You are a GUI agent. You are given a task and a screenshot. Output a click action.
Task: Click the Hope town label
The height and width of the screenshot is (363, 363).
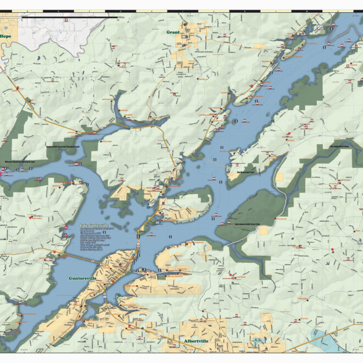pos(5,36)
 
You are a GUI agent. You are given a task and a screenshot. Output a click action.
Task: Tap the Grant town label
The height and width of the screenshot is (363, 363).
pos(173,32)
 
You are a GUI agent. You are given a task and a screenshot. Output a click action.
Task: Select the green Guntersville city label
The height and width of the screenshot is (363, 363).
pos(82,278)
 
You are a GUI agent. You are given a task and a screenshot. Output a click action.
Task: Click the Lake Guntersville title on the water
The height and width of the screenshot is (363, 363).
pos(94,226)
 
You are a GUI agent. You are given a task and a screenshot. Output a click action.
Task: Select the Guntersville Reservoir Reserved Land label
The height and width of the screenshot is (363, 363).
pos(64,147)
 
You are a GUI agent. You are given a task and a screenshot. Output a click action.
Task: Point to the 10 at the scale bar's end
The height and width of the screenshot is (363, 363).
pos(117,20)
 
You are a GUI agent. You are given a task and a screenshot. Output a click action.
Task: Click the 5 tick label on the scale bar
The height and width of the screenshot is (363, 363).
pos(69,20)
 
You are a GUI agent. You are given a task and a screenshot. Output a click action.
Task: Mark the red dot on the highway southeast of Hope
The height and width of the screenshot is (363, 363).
pos(18,88)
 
